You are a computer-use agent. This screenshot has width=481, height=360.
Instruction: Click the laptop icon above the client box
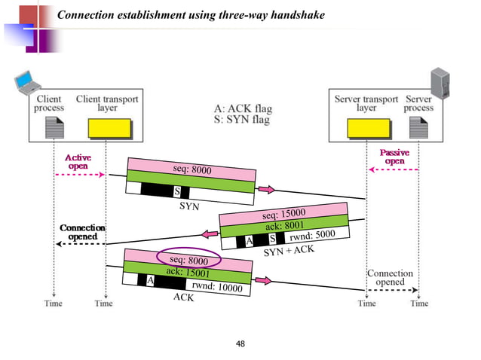click(28, 82)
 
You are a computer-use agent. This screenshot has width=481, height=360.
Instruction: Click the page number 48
click(240, 344)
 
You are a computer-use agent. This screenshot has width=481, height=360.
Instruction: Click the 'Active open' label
click(78, 161)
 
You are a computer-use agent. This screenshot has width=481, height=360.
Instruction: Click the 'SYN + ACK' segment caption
click(289, 251)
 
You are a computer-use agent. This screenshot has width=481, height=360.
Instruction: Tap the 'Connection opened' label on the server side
click(390, 278)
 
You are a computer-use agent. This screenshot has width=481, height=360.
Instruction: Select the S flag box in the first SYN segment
click(176, 191)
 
